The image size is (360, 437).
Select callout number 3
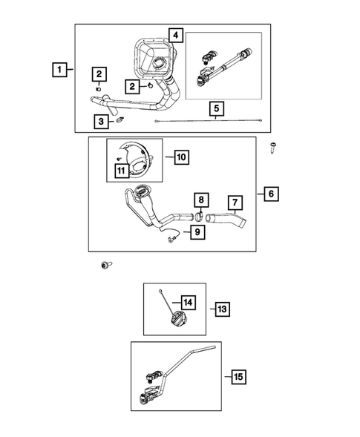coord(98,121)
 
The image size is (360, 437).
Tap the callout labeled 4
coord(175,35)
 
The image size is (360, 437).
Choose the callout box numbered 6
coord(272,194)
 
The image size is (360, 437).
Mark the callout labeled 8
coord(200,200)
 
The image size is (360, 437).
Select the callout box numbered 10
coord(182,157)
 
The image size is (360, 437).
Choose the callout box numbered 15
coord(238,378)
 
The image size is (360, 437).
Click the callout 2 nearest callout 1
coord(98,73)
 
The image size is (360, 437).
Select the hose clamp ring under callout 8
coord(199,217)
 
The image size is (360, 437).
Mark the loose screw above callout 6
coord(275,148)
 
